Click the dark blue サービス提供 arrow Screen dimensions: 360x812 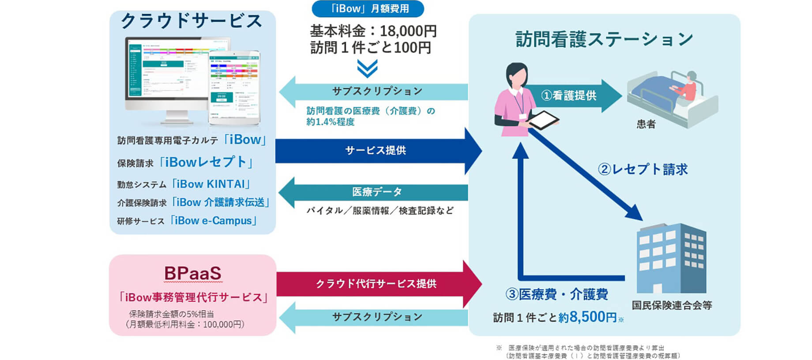(x=375, y=150)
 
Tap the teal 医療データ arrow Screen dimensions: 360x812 (x=375, y=192)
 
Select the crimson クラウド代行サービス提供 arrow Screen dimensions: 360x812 (x=375, y=284)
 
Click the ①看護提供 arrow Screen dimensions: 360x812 (x=569, y=95)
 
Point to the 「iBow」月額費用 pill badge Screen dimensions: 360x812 (x=368, y=9)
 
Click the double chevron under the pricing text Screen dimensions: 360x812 (x=367, y=68)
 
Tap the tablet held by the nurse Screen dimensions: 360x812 (x=542, y=120)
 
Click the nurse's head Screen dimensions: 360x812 (x=517, y=75)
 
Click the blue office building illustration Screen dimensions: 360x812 (x=671, y=258)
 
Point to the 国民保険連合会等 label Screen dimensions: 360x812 (x=671, y=305)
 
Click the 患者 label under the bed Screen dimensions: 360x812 (x=646, y=124)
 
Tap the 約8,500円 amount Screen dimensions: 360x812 (x=587, y=317)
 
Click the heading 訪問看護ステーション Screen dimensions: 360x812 (x=604, y=39)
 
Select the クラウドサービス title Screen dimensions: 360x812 (x=192, y=21)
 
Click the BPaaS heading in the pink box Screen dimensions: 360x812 (x=192, y=274)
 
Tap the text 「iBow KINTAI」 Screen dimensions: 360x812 (x=211, y=184)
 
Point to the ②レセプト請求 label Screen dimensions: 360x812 (x=643, y=169)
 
